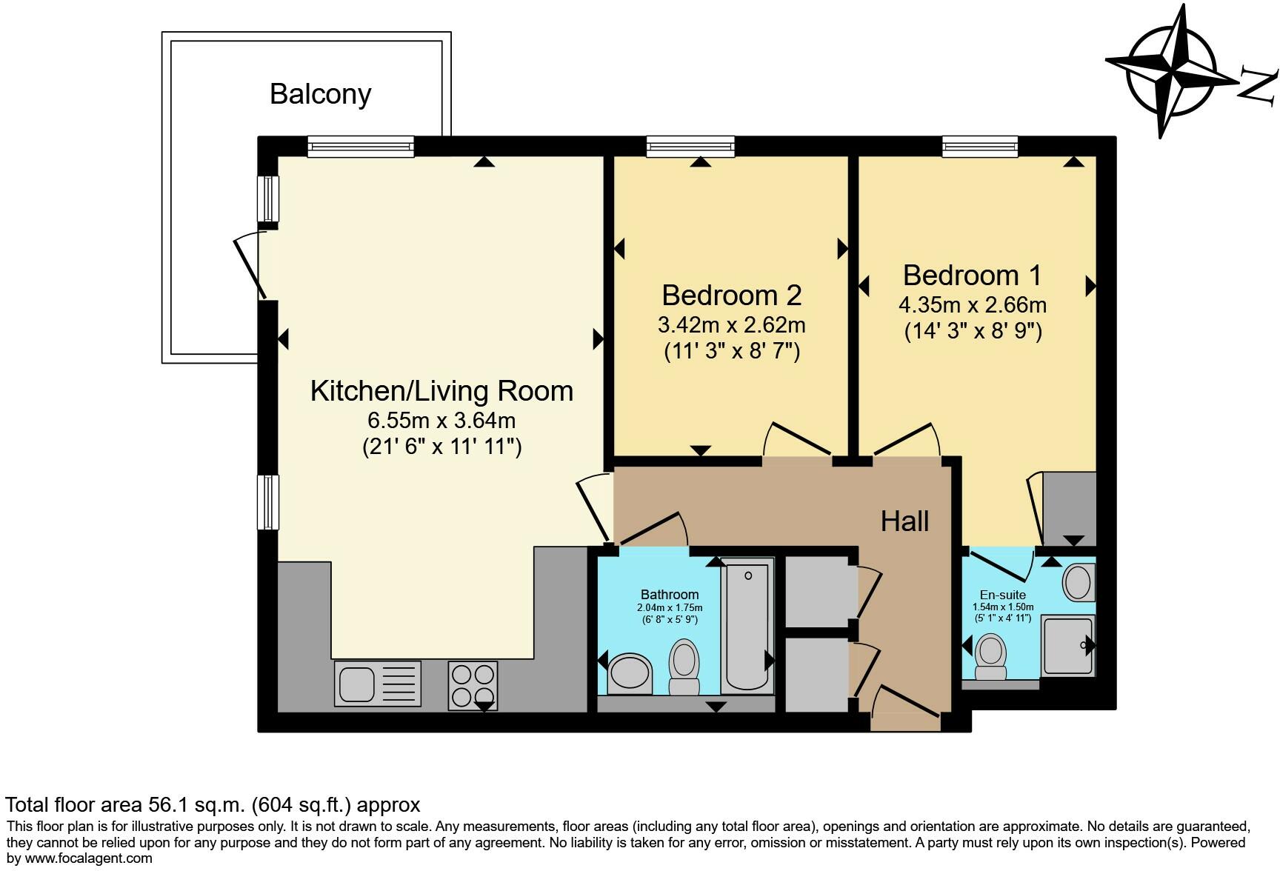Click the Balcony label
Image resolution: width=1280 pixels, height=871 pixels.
click(x=320, y=94)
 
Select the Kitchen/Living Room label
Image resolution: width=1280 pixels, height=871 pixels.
click(x=441, y=391)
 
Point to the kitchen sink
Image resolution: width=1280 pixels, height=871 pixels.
click(x=378, y=683)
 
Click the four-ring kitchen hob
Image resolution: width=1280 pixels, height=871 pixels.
click(x=473, y=685)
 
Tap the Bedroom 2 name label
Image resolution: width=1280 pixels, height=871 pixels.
click(x=732, y=295)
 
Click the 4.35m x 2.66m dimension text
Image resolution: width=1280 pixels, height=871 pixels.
click(x=973, y=304)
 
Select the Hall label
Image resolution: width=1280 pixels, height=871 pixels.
click(x=904, y=521)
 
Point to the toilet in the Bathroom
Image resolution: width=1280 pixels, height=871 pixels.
click(x=684, y=667)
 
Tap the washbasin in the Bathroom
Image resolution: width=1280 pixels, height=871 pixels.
click(x=630, y=673)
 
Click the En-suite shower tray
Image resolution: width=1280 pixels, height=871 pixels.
click(x=1068, y=646)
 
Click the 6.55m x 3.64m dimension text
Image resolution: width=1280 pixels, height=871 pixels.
click(x=441, y=421)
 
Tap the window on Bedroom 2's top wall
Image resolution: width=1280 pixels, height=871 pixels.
click(x=690, y=147)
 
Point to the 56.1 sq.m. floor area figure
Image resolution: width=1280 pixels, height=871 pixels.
click(x=194, y=805)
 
